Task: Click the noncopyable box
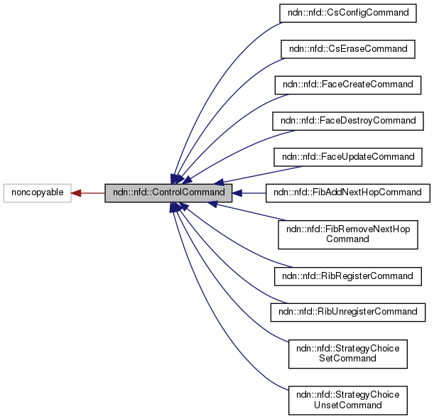tap(37, 192)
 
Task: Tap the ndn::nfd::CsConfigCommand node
tap(347, 13)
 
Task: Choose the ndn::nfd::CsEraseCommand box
tap(347, 49)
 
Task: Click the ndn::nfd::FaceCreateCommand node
tap(347, 85)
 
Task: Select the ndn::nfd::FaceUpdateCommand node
tap(347, 156)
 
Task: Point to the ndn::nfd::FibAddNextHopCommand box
tap(347, 192)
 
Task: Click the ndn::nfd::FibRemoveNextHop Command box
tap(347, 234)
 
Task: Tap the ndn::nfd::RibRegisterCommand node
tap(347, 276)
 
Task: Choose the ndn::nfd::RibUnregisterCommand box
tap(347, 311)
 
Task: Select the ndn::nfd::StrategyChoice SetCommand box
tap(347, 353)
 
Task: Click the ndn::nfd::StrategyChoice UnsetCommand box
tap(347, 400)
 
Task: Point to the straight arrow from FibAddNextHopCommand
tap(252, 192)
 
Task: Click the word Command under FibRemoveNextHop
tap(347, 239)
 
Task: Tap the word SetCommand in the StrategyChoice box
tap(347, 359)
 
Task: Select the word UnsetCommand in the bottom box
tap(347, 406)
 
